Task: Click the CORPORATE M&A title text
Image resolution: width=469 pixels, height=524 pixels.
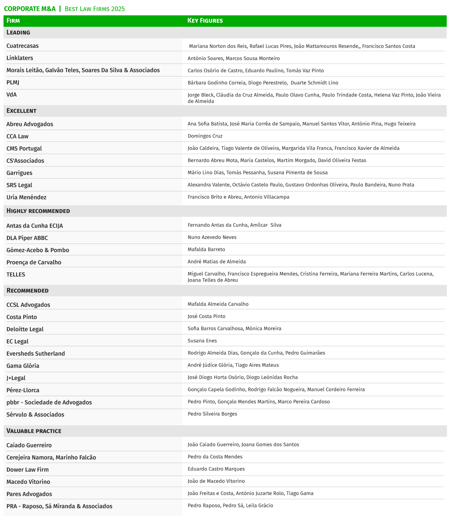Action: (30, 8)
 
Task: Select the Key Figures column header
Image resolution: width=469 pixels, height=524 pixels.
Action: (205, 21)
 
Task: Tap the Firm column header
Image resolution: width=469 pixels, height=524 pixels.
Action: (13, 21)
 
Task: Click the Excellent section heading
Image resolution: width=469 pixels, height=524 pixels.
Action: (21, 111)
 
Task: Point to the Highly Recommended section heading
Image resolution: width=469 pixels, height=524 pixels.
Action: (38, 211)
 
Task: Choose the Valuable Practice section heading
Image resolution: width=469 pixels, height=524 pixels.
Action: (34, 431)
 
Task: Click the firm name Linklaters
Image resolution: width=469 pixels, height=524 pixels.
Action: (20, 58)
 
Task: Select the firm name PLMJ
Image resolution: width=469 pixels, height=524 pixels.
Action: (13, 82)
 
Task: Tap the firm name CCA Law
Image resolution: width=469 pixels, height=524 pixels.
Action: (17, 136)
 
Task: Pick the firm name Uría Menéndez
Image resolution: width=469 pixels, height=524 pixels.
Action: (26, 197)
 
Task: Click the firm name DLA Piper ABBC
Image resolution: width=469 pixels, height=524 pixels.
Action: (27, 238)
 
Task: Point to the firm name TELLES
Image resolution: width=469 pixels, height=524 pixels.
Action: (16, 275)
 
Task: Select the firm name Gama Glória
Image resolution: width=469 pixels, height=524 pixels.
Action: (23, 366)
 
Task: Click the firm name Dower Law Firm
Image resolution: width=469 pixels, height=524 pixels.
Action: (27, 470)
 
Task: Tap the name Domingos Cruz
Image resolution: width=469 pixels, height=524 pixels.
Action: (205, 136)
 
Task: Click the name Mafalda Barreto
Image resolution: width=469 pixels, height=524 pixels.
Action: (206, 249)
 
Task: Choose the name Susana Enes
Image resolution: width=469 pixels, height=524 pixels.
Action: (202, 341)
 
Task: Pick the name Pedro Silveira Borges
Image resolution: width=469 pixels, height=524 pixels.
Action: (212, 414)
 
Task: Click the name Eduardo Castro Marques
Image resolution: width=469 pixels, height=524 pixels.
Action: (216, 469)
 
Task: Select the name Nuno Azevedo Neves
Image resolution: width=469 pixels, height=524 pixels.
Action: (212, 237)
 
